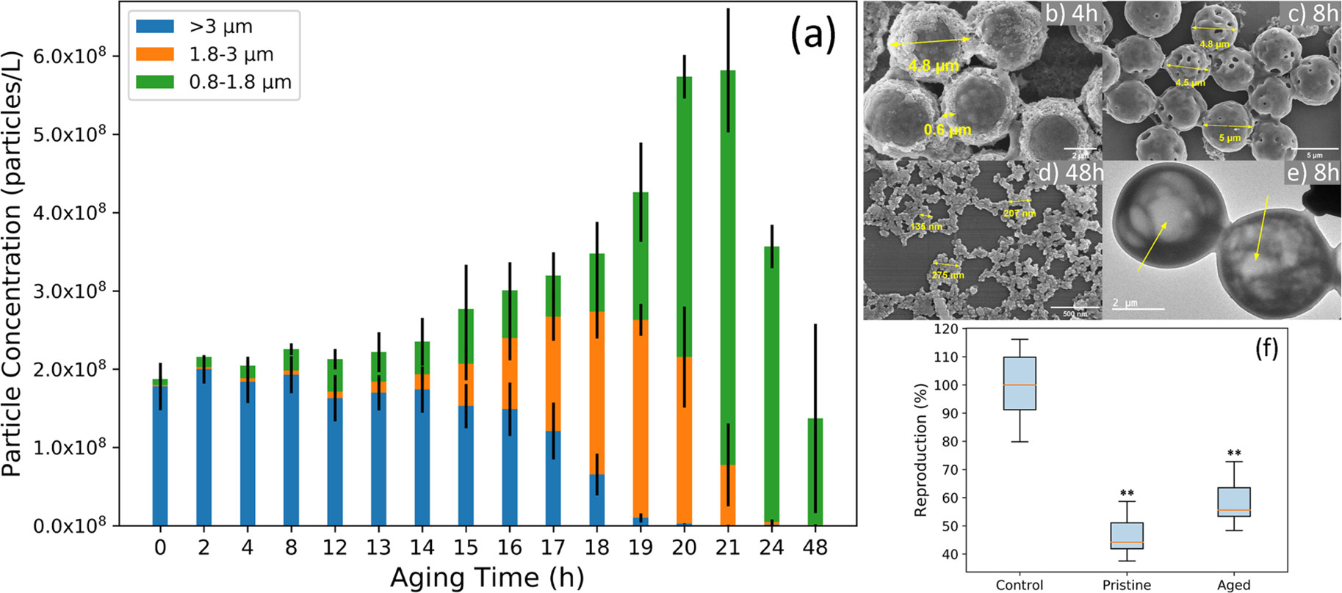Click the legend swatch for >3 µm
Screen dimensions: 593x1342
[155, 27]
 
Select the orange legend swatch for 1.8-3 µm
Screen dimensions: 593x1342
[155, 54]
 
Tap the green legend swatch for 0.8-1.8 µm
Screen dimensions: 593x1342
[155, 82]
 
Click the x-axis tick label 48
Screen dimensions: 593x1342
[815, 547]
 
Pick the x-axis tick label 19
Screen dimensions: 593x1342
[641, 547]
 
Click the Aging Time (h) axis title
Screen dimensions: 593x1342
[487, 578]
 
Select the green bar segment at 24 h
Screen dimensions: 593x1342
[771, 382]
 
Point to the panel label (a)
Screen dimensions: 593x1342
[812, 34]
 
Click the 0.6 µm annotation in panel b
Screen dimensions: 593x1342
[947, 131]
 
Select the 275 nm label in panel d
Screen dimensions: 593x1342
[948, 275]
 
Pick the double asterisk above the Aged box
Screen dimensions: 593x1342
[1234, 453]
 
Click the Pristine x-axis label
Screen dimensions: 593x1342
[1126, 585]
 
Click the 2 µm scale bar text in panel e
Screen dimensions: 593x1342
[1125, 302]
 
